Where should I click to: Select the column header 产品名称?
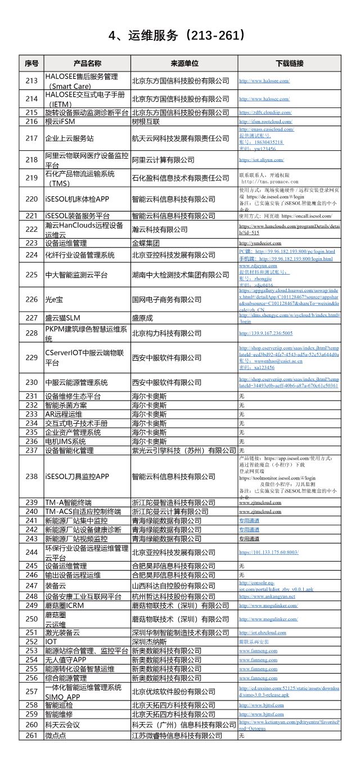[87, 63]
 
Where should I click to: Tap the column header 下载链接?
[289, 63]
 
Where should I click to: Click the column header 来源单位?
[184, 63]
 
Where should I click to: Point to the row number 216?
[31, 121]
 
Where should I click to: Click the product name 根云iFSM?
[60, 121]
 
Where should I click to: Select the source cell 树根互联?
[146, 121]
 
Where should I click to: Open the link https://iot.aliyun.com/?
[262, 160]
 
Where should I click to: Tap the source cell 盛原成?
[142, 318]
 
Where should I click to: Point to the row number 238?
[31, 476]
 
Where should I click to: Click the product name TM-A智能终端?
[69, 503]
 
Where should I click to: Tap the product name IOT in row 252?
[51, 642]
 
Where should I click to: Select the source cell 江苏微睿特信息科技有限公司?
[177, 735]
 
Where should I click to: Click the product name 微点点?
[56, 735]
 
